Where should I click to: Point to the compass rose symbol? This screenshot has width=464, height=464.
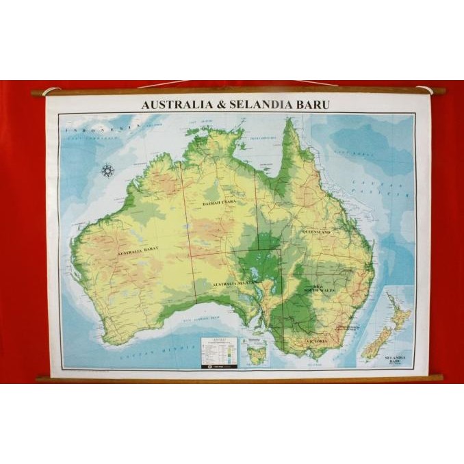(x=107, y=170)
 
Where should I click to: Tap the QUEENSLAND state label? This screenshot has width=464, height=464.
(x=316, y=232)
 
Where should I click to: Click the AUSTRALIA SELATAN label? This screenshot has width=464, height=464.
(x=233, y=283)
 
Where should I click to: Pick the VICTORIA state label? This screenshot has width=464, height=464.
(x=316, y=340)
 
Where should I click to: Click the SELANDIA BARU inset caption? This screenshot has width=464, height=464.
(x=396, y=359)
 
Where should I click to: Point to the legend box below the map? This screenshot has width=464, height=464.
(x=218, y=352)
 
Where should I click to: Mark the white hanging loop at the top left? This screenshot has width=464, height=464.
(x=49, y=91)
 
